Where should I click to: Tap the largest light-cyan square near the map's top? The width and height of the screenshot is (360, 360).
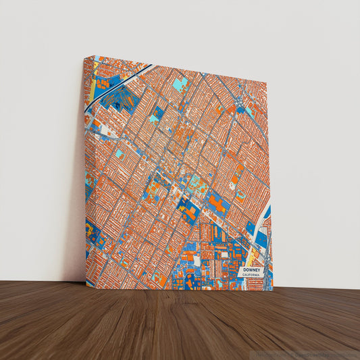tap(180, 84)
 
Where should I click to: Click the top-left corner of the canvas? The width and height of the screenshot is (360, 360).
tap(84, 57)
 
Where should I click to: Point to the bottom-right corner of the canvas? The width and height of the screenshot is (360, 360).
tap(272, 290)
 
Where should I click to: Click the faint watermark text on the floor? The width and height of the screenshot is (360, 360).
tap(307, 353)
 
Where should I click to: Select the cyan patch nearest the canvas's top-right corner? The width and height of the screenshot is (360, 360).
tap(249, 111)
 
